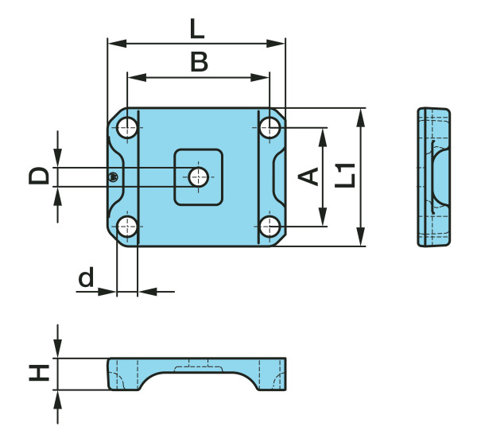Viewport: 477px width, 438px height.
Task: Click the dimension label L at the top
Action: point(197,29)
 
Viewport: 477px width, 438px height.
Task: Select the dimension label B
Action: point(199,62)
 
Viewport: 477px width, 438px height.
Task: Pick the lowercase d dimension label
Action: point(86,277)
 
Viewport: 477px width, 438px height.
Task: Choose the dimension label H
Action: point(38,373)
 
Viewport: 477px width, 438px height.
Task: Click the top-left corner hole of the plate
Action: point(127,126)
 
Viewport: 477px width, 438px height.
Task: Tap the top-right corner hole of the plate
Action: point(270,126)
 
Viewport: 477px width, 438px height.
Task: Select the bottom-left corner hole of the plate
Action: point(127,227)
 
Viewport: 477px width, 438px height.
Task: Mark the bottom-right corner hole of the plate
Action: point(270,227)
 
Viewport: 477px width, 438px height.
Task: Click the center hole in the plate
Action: point(198,176)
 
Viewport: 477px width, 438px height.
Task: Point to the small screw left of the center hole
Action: point(115,176)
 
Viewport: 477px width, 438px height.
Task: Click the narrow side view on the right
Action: point(433,176)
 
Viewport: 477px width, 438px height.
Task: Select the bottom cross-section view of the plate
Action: point(197,374)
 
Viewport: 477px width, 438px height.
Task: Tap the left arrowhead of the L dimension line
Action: point(112,43)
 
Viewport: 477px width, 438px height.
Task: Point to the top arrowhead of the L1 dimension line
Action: point(362,117)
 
